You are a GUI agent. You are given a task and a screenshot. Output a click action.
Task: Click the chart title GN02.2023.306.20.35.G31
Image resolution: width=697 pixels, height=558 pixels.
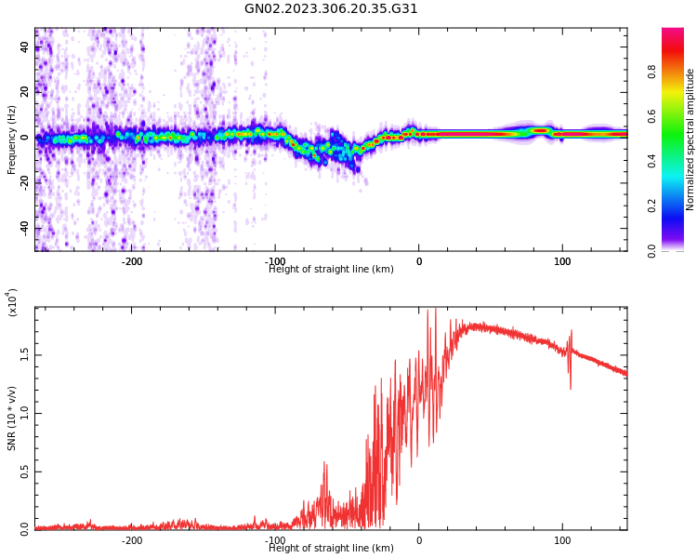click(x=331, y=9)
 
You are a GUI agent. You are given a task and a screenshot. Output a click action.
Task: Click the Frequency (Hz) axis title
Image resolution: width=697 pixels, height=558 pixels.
click(x=12, y=139)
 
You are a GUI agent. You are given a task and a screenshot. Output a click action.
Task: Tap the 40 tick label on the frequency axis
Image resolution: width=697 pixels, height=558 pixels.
click(x=25, y=46)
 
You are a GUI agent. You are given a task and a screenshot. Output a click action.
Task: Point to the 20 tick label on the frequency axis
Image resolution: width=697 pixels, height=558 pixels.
click(x=25, y=92)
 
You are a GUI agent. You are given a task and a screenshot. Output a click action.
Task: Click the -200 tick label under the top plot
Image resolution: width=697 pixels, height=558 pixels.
click(x=132, y=261)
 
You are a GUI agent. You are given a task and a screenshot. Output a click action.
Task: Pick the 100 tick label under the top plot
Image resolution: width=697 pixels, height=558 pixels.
click(x=562, y=261)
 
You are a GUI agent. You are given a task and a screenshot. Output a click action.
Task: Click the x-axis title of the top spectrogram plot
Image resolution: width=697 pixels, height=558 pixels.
click(x=331, y=270)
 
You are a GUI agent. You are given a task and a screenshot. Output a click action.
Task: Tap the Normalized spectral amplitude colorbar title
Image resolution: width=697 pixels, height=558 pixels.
click(x=690, y=139)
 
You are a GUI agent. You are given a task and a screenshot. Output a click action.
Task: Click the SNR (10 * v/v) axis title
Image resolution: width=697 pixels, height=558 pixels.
click(x=12, y=418)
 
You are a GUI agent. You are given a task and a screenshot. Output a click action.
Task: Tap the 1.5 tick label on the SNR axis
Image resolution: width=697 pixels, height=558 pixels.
click(x=25, y=354)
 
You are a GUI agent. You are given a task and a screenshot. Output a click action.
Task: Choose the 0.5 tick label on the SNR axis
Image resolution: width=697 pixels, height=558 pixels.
click(x=25, y=472)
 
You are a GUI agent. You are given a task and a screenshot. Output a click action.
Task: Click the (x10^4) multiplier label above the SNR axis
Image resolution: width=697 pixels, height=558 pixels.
click(x=12, y=303)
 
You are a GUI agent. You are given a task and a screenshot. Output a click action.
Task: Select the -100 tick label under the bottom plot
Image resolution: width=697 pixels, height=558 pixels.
click(x=275, y=540)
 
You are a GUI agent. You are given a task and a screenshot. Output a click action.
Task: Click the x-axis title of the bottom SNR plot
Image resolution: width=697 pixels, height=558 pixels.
click(x=331, y=549)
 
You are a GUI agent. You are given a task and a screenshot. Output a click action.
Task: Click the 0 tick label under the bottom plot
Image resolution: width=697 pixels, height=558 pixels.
click(x=419, y=540)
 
